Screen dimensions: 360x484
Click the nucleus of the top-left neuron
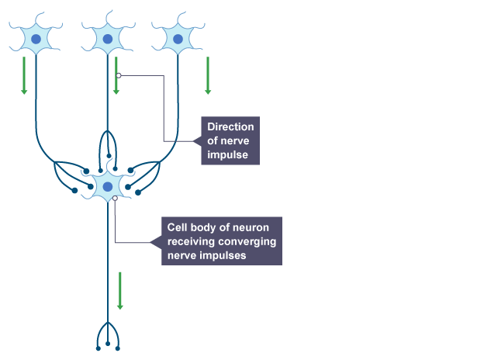36,37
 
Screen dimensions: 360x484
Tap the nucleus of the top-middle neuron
107,37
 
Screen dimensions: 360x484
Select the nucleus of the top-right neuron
178,37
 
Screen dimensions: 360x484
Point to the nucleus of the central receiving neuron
107,186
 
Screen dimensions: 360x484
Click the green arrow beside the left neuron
24,74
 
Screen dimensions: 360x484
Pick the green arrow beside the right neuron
208,74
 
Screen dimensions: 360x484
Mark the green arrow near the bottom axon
119,290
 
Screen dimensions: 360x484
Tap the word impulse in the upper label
227,154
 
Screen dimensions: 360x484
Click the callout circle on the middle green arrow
118,76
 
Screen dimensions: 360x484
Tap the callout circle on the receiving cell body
115,199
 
